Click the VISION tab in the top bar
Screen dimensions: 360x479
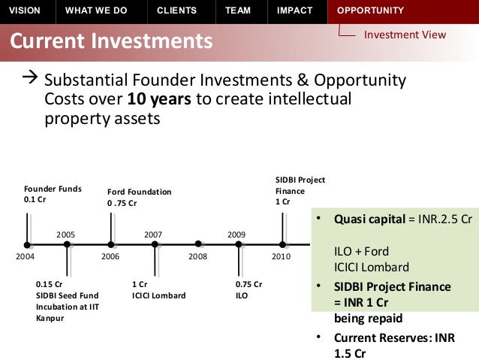click(24, 11)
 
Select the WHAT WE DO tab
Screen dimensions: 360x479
click(96, 11)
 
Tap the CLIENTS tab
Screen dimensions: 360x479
click(176, 11)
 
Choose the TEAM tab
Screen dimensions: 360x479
click(239, 11)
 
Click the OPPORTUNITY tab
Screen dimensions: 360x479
click(370, 11)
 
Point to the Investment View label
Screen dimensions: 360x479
click(405, 35)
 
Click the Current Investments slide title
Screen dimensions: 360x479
click(111, 39)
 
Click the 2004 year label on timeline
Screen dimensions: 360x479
click(26, 257)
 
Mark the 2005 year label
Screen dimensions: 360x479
click(66, 235)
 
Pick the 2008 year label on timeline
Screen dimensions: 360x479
click(197, 257)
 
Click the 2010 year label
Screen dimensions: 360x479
click(282, 257)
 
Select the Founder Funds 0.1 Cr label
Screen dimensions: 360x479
click(53, 194)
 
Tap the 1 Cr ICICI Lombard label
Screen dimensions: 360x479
click(158, 290)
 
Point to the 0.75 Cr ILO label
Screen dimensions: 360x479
click(249, 290)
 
